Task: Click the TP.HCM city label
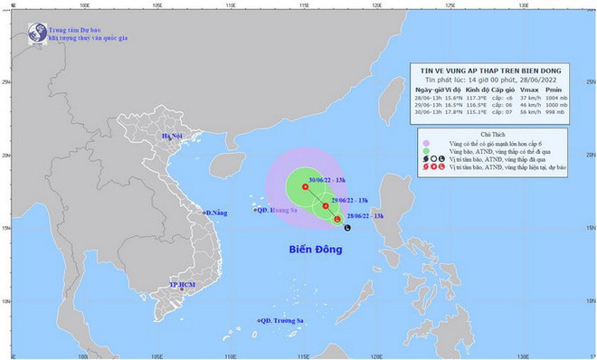pos(185,285)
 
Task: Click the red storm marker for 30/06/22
pos(305,187)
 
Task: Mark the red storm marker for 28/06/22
pos(337,219)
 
